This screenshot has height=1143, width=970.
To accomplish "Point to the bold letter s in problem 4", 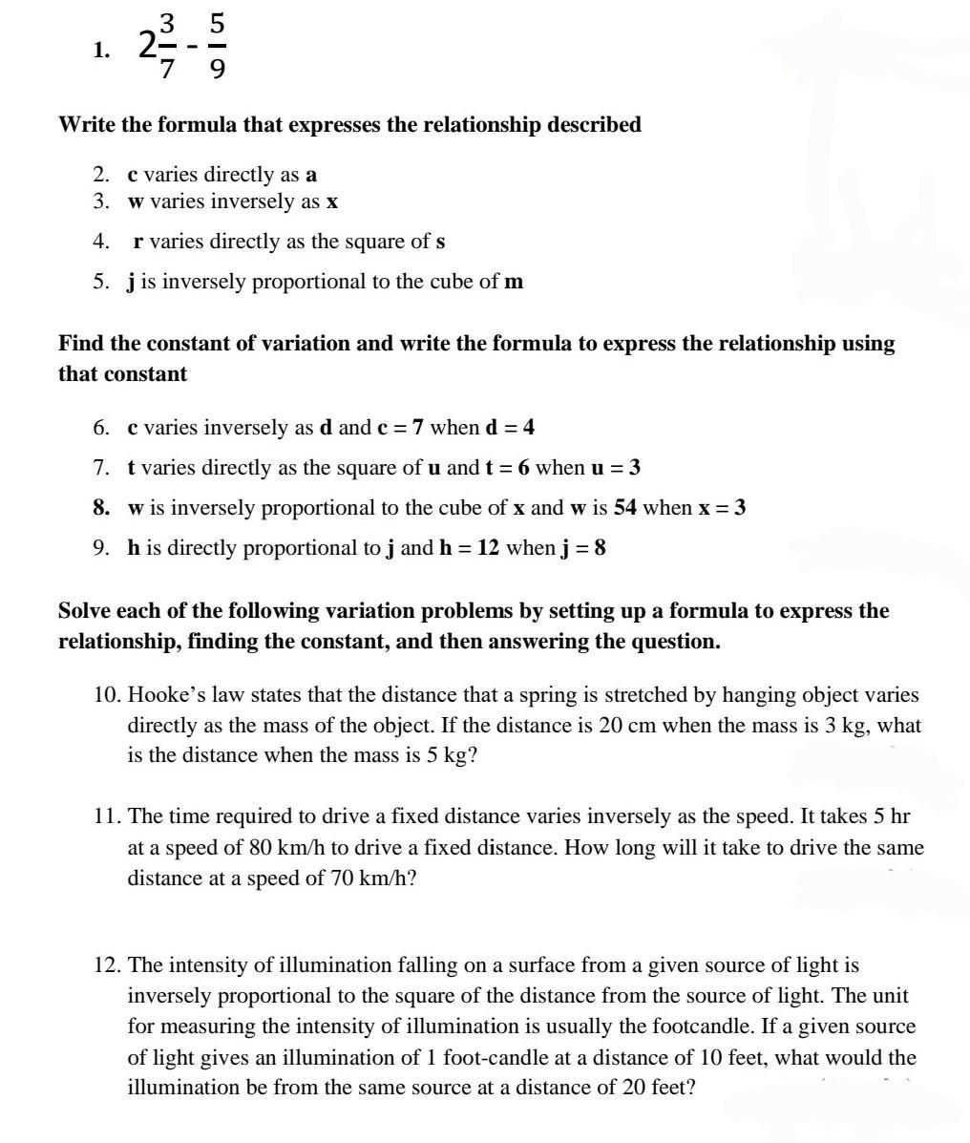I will (440, 242).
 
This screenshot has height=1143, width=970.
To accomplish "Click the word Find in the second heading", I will (80, 344).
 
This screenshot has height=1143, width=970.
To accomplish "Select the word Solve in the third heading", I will (84, 611).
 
